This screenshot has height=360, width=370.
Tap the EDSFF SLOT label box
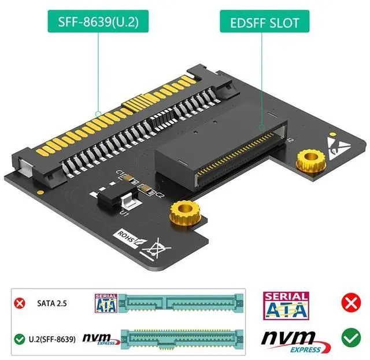coord(265,23)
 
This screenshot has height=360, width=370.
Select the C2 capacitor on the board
coord(149,189)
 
